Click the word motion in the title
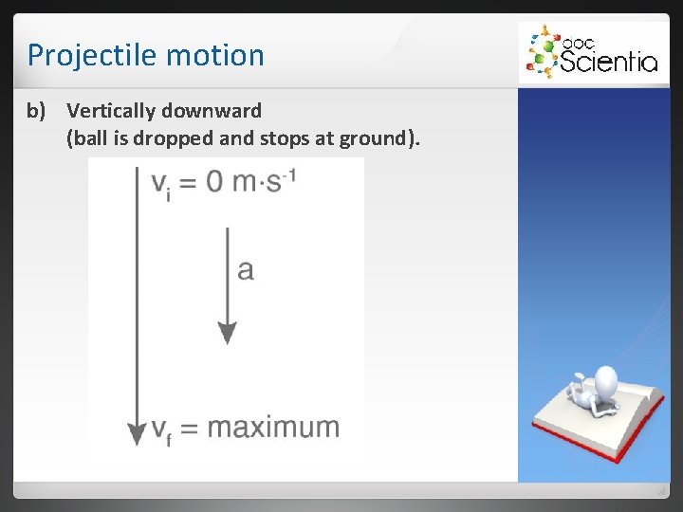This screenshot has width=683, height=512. [x=214, y=55]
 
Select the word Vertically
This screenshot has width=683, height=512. [x=112, y=111]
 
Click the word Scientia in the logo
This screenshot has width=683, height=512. [x=607, y=63]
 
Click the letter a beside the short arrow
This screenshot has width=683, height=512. [x=246, y=270]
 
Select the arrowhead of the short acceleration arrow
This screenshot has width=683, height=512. [x=227, y=333]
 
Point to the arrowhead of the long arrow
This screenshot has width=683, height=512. [x=137, y=433]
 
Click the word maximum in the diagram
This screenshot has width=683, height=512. [x=273, y=427]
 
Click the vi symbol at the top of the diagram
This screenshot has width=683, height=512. [x=162, y=183]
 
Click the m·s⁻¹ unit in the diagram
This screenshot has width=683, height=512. [x=267, y=180]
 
